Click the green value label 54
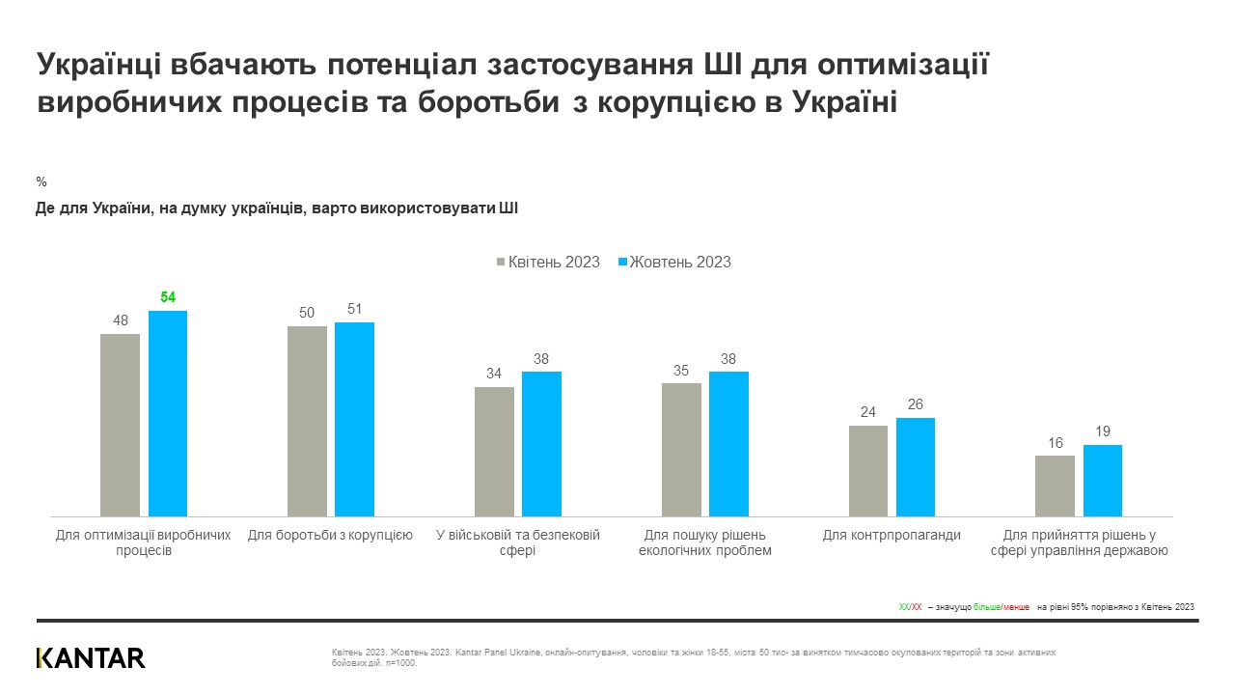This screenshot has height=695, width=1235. (168, 297)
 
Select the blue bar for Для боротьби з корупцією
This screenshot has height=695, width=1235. (354, 419)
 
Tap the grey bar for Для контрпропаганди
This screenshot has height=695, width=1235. (867, 470)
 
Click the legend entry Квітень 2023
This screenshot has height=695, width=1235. (548, 262)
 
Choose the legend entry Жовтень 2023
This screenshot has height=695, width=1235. (674, 262)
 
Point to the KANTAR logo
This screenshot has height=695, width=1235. (91, 658)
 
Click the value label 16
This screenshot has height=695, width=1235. (1056, 443)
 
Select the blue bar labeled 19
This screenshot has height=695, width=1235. (1102, 480)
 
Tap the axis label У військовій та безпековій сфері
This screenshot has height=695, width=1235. (517, 542)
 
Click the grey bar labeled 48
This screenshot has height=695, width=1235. (120, 425)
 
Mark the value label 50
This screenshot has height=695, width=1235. (307, 313)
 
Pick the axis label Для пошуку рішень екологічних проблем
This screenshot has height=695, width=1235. (704, 542)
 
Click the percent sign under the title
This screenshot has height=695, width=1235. (41, 181)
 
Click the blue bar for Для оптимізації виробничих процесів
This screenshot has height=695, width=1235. (168, 413)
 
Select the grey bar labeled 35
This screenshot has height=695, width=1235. (681, 449)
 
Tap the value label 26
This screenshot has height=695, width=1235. (915, 404)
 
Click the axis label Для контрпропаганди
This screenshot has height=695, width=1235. (892, 535)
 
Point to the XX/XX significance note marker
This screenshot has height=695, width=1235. (910, 607)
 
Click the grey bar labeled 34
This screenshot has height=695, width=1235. (494, 451)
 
